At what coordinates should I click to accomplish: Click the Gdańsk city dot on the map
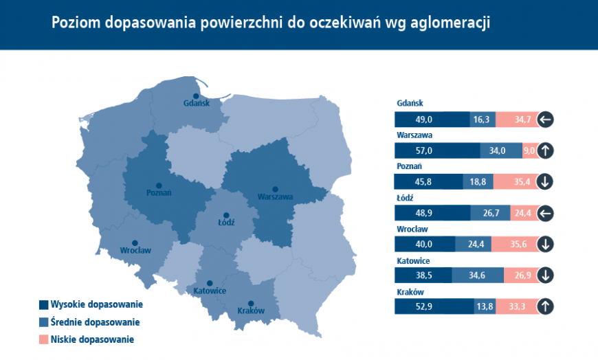coord(196,96)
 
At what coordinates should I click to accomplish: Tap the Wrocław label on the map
coord(135,251)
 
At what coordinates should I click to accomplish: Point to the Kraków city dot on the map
coord(251,304)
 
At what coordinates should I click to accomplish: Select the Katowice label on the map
coord(210,291)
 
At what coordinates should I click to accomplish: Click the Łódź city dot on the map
coord(226,216)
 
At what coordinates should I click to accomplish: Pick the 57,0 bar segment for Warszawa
coord(437,150)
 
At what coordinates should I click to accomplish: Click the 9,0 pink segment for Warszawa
coord(530,150)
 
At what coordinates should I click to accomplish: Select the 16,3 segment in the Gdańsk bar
coord(483,120)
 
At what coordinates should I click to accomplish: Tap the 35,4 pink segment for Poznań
coord(516,181)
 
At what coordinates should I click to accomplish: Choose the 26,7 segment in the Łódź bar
coord(491,213)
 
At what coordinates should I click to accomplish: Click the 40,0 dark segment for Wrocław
coord(425,244)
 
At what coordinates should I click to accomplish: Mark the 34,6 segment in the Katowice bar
coord(478,275)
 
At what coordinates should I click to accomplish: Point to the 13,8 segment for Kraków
coord(485,306)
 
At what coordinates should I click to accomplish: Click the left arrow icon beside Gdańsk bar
coord(545,120)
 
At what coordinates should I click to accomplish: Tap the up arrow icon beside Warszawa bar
coord(545,150)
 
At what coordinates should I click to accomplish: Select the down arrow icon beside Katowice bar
coord(545,275)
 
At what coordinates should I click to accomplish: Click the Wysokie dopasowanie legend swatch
coord(43,305)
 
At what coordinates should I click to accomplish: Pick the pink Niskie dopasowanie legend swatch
coord(43,339)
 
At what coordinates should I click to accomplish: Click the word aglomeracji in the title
coord(450,23)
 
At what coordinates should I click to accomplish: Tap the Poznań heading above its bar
coord(409,166)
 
